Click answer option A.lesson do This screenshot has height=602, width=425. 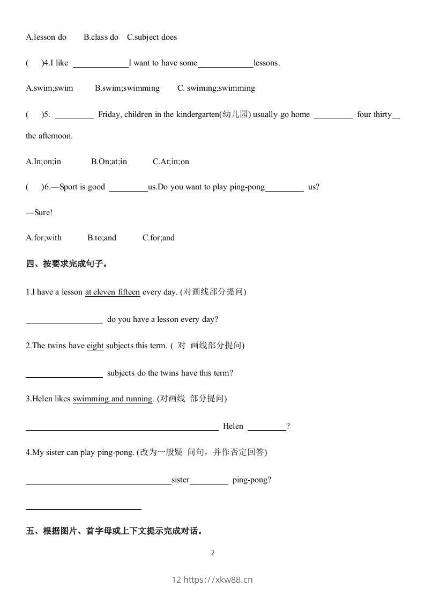pyautogui.click(x=46, y=37)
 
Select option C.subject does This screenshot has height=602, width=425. pyautogui.click(x=152, y=37)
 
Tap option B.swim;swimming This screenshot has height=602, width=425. pyautogui.click(x=127, y=88)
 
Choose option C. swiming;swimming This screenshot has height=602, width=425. pyautogui.click(x=216, y=88)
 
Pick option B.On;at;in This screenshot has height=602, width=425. pyautogui.click(x=109, y=161)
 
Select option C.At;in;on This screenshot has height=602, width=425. pyautogui.click(x=170, y=161)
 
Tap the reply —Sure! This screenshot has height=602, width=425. pyautogui.click(x=39, y=212)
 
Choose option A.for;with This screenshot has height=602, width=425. pyautogui.click(x=43, y=238)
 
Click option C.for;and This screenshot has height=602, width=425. pyautogui.click(x=158, y=238)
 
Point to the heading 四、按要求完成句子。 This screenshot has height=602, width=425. pyautogui.click(x=67, y=264)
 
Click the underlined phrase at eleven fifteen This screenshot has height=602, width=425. pyautogui.click(x=113, y=292)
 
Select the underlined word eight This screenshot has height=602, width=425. pyautogui.click(x=95, y=346)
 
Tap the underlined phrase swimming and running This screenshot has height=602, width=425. pyautogui.click(x=113, y=399)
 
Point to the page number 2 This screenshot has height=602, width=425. pyautogui.click(x=213, y=553)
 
